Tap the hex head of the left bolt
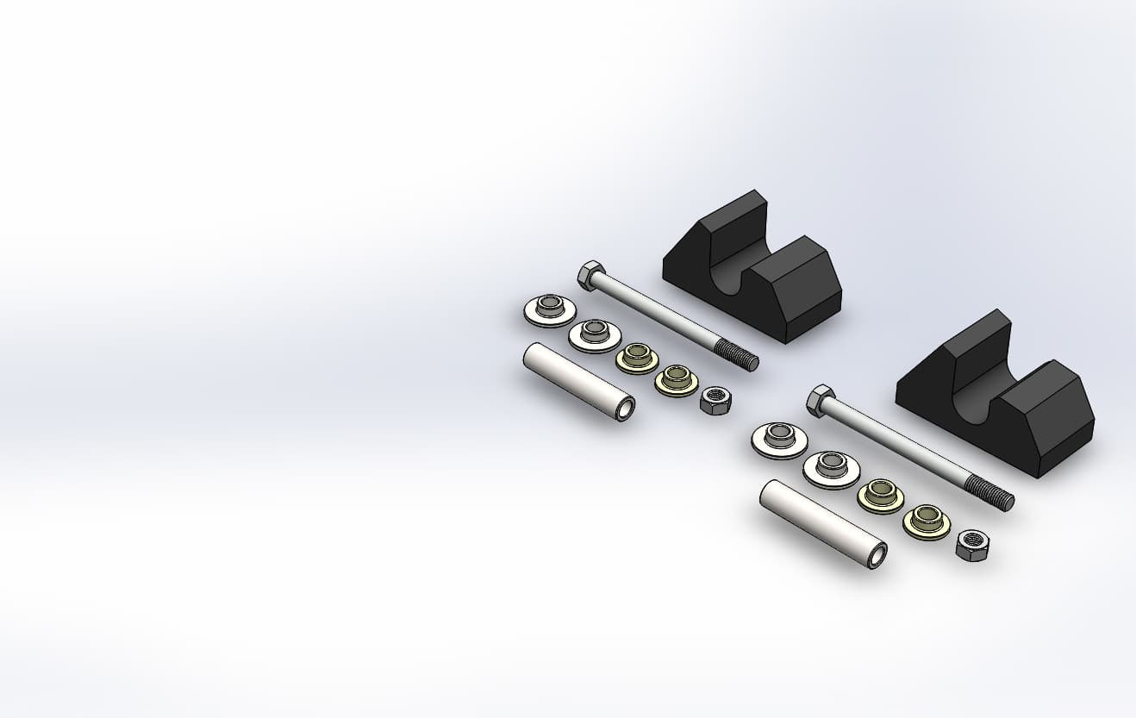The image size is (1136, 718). point(590,276)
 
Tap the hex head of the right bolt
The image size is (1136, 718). point(821,400)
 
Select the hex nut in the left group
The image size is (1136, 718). point(715,400)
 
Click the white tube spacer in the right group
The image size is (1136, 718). point(821,522)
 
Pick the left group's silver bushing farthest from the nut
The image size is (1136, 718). point(550,309)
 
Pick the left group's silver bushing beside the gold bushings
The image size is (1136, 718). point(595,334)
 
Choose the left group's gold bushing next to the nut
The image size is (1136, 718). point(677,380)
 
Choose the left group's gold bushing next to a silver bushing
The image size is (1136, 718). point(637,357)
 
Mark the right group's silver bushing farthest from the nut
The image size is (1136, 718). point(779,440)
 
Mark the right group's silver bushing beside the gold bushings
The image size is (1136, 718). point(831,468)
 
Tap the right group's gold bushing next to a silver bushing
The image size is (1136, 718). point(880,495)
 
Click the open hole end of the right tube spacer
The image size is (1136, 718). point(877,557)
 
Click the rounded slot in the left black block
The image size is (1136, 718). point(733,274)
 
